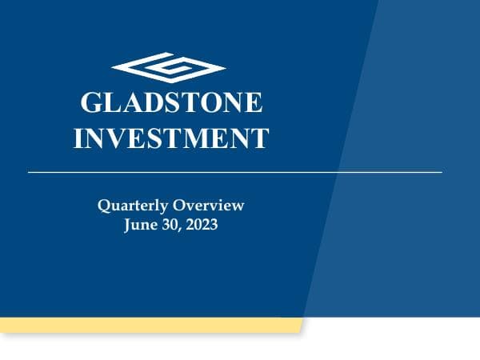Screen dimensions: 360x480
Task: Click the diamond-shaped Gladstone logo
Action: pos(169,68)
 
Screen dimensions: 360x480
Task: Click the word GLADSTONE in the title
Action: pos(171,103)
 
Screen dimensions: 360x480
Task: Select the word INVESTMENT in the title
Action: pos(171,138)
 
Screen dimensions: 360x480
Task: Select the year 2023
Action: pos(200,226)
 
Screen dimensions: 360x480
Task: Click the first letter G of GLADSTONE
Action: pos(92,103)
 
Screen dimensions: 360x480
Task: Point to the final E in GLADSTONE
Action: pos(253,103)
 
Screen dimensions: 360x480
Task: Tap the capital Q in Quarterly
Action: pos(104,206)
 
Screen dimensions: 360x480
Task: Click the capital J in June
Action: pos(128,226)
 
